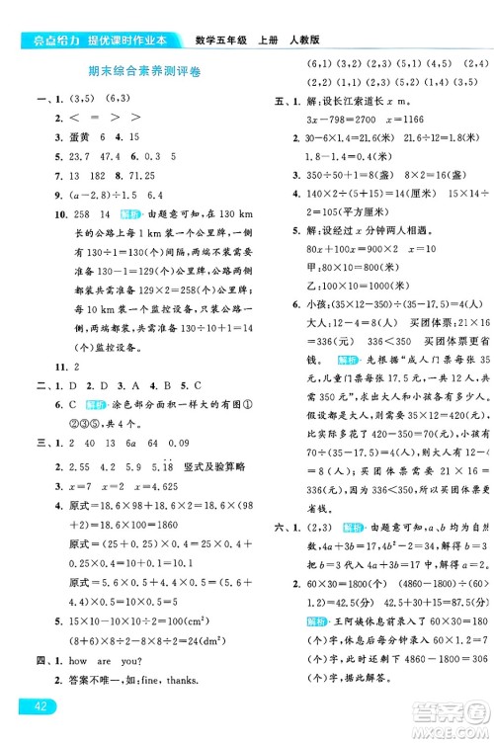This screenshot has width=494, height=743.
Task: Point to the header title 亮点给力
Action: pos(31,39)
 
